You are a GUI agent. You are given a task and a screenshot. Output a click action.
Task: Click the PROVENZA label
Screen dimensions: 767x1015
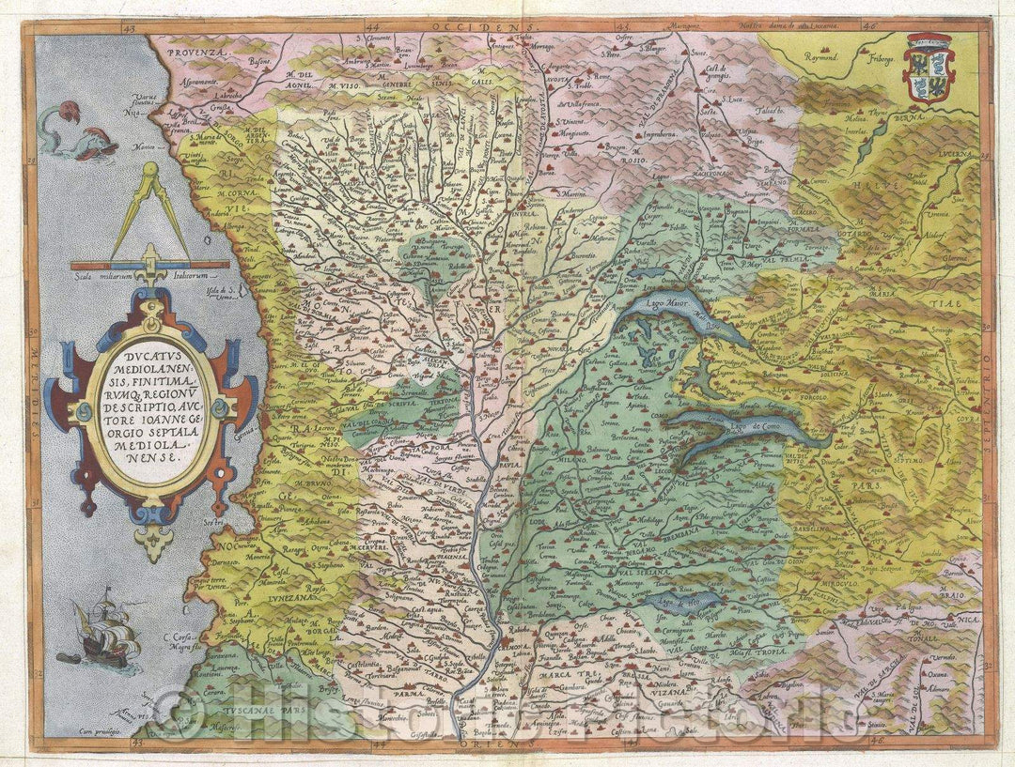[x=200, y=54]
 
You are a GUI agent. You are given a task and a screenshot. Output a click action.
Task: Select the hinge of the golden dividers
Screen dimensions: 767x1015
[x=150, y=171]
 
